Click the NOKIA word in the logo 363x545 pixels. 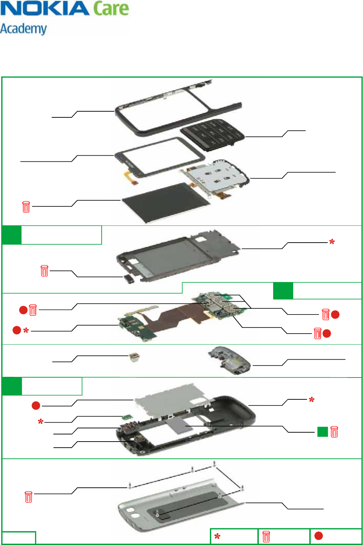coord(45,9)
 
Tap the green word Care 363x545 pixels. coord(111,9)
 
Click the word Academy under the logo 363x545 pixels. coord(24,29)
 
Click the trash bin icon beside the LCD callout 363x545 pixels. coord(26,207)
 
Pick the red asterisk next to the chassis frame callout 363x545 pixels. coord(332,242)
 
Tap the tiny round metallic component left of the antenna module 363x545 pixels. coord(134,357)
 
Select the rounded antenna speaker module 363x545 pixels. coord(229,359)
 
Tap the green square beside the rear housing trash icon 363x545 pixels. coord(323,432)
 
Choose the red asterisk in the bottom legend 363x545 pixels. coord(217,536)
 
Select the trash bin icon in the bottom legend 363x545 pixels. coord(266,536)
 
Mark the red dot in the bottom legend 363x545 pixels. coord(318,536)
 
